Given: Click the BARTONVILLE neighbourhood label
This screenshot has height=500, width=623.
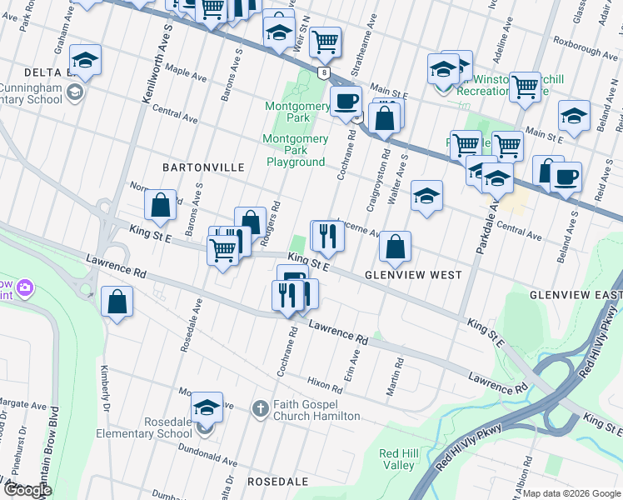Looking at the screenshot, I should click(203, 167).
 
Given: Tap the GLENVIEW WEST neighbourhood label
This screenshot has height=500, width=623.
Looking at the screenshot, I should click(413, 275).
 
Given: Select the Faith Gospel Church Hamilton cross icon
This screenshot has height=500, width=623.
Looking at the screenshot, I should click(260, 407).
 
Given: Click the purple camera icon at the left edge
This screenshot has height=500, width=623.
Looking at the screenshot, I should click(26, 287).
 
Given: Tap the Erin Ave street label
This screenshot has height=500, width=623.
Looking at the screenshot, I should click(355, 362).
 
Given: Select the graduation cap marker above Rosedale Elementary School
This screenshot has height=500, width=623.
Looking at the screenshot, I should click(206, 407).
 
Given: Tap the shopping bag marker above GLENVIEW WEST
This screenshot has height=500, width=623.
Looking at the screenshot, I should click(395, 246).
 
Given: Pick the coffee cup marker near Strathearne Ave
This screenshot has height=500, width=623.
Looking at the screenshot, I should click(345, 101).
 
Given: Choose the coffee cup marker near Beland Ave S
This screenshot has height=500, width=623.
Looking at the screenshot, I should click(566, 176).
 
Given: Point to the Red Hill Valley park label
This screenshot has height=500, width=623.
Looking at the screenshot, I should click(396, 459).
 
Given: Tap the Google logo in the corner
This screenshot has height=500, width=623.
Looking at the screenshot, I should click(27, 490).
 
